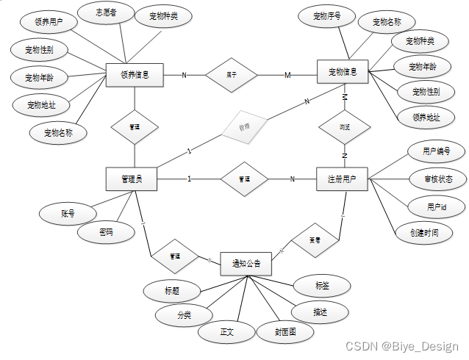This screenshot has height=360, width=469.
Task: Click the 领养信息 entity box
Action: pyautogui.click(x=134, y=74)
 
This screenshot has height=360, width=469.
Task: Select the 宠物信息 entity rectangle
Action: pyautogui.click(x=343, y=72)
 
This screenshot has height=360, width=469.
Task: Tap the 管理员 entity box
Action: pyautogui.click(x=134, y=179)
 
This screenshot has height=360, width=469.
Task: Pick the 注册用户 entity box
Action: pyautogui.click(x=343, y=179)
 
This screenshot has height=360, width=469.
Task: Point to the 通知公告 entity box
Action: pyautogui.click(x=246, y=263)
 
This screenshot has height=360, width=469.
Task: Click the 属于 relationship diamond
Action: pyautogui.click(x=231, y=74)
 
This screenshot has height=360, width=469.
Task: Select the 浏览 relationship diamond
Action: pyautogui.click(x=343, y=126)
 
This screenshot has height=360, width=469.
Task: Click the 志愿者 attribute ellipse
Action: pyautogui.click(x=106, y=12)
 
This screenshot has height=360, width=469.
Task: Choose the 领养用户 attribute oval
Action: pyautogui.click(x=49, y=23)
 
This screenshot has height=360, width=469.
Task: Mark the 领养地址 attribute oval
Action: pyautogui.click(x=426, y=117)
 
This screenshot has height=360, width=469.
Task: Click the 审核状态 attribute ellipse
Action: pyautogui.click(x=437, y=179)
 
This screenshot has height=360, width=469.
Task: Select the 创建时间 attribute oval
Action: pyautogui.click(x=425, y=232)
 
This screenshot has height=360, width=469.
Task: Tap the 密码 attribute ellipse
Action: pyautogui.click(x=107, y=232)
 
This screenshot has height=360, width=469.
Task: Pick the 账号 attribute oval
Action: pyautogui.click(x=68, y=214)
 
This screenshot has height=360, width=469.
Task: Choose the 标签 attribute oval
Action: pyautogui.click(x=322, y=285)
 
